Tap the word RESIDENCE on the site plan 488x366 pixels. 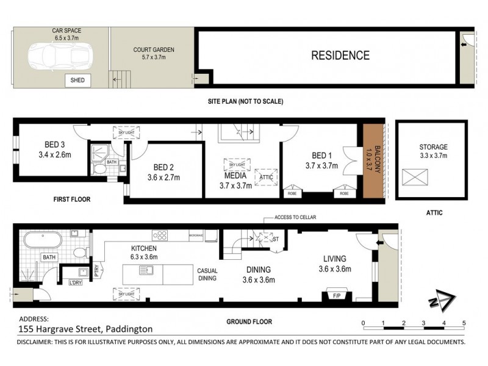[x=340, y=56]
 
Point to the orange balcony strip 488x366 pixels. [x=373, y=161]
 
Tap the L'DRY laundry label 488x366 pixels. [x=76, y=282]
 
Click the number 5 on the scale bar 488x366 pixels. [x=464, y=323]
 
